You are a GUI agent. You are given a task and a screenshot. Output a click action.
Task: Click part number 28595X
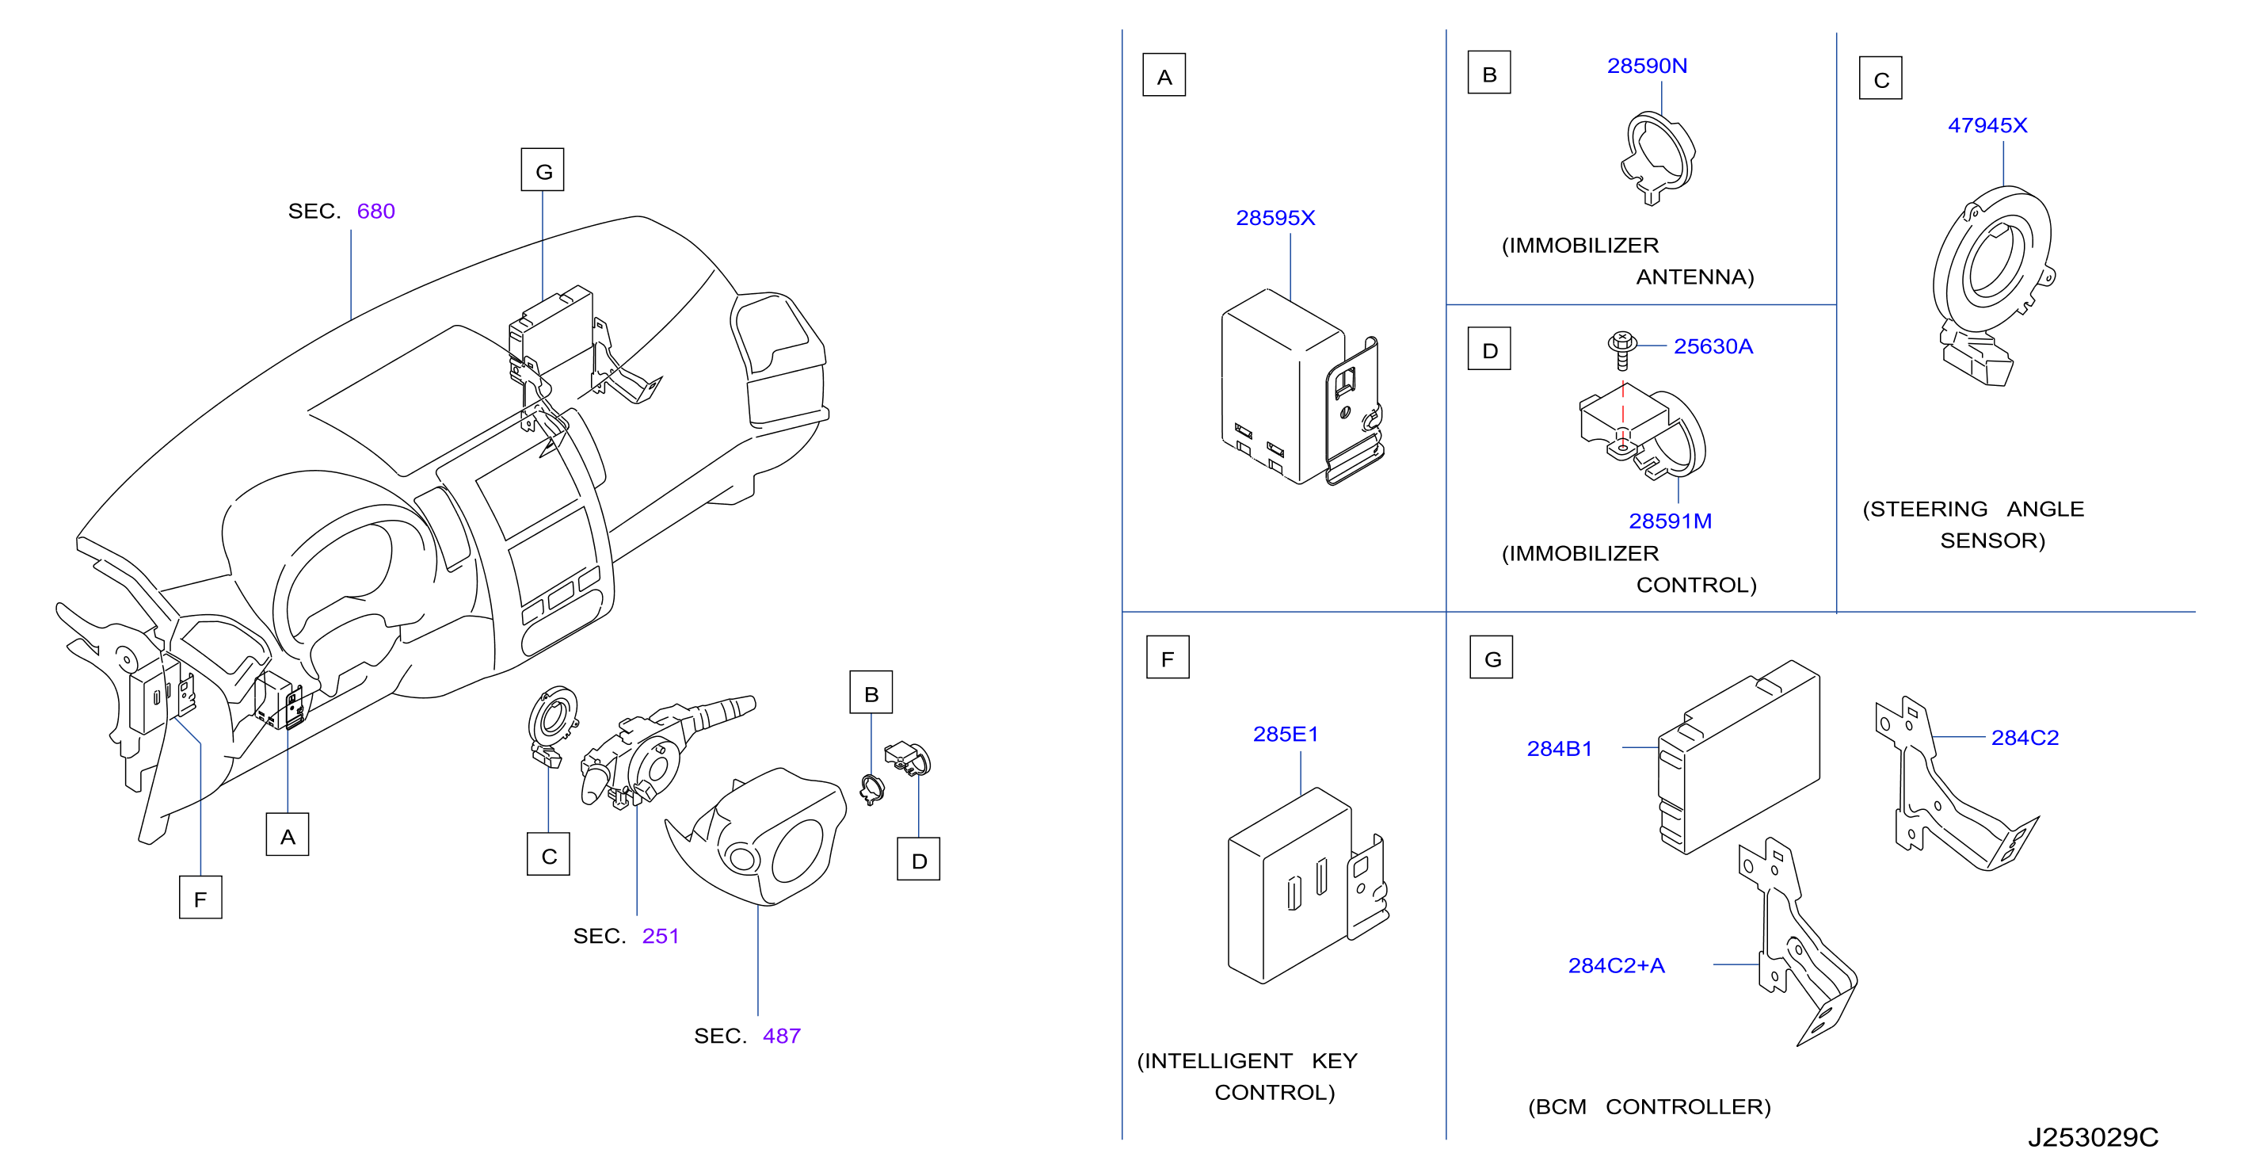(1275, 218)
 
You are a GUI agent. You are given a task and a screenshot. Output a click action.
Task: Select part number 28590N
(1647, 66)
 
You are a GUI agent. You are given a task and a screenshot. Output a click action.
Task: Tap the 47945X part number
(1987, 125)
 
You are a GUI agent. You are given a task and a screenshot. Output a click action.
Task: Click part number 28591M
(1670, 521)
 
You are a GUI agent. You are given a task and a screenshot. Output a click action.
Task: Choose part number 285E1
(1285, 735)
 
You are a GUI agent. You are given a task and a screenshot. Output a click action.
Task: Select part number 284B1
(1560, 748)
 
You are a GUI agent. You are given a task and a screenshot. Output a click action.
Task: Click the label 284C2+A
(1617, 965)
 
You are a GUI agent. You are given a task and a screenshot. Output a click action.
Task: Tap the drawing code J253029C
(2093, 1136)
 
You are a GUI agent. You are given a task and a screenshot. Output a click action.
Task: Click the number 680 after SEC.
(376, 211)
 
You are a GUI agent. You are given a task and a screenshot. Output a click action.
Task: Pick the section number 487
(782, 1035)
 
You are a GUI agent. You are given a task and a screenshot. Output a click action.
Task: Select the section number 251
(660, 936)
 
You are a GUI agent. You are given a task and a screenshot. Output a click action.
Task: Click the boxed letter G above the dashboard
(543, 170)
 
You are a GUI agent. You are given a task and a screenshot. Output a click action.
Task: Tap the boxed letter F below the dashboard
(200, 898)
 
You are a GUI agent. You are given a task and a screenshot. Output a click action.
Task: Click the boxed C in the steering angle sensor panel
(1880, 78)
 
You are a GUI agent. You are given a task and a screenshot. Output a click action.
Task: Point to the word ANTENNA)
(1695, 277)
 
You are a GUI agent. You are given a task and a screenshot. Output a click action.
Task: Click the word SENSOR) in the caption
(1992, 540)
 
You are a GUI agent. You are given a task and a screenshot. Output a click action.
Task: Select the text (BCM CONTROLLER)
(1648, 1107)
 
